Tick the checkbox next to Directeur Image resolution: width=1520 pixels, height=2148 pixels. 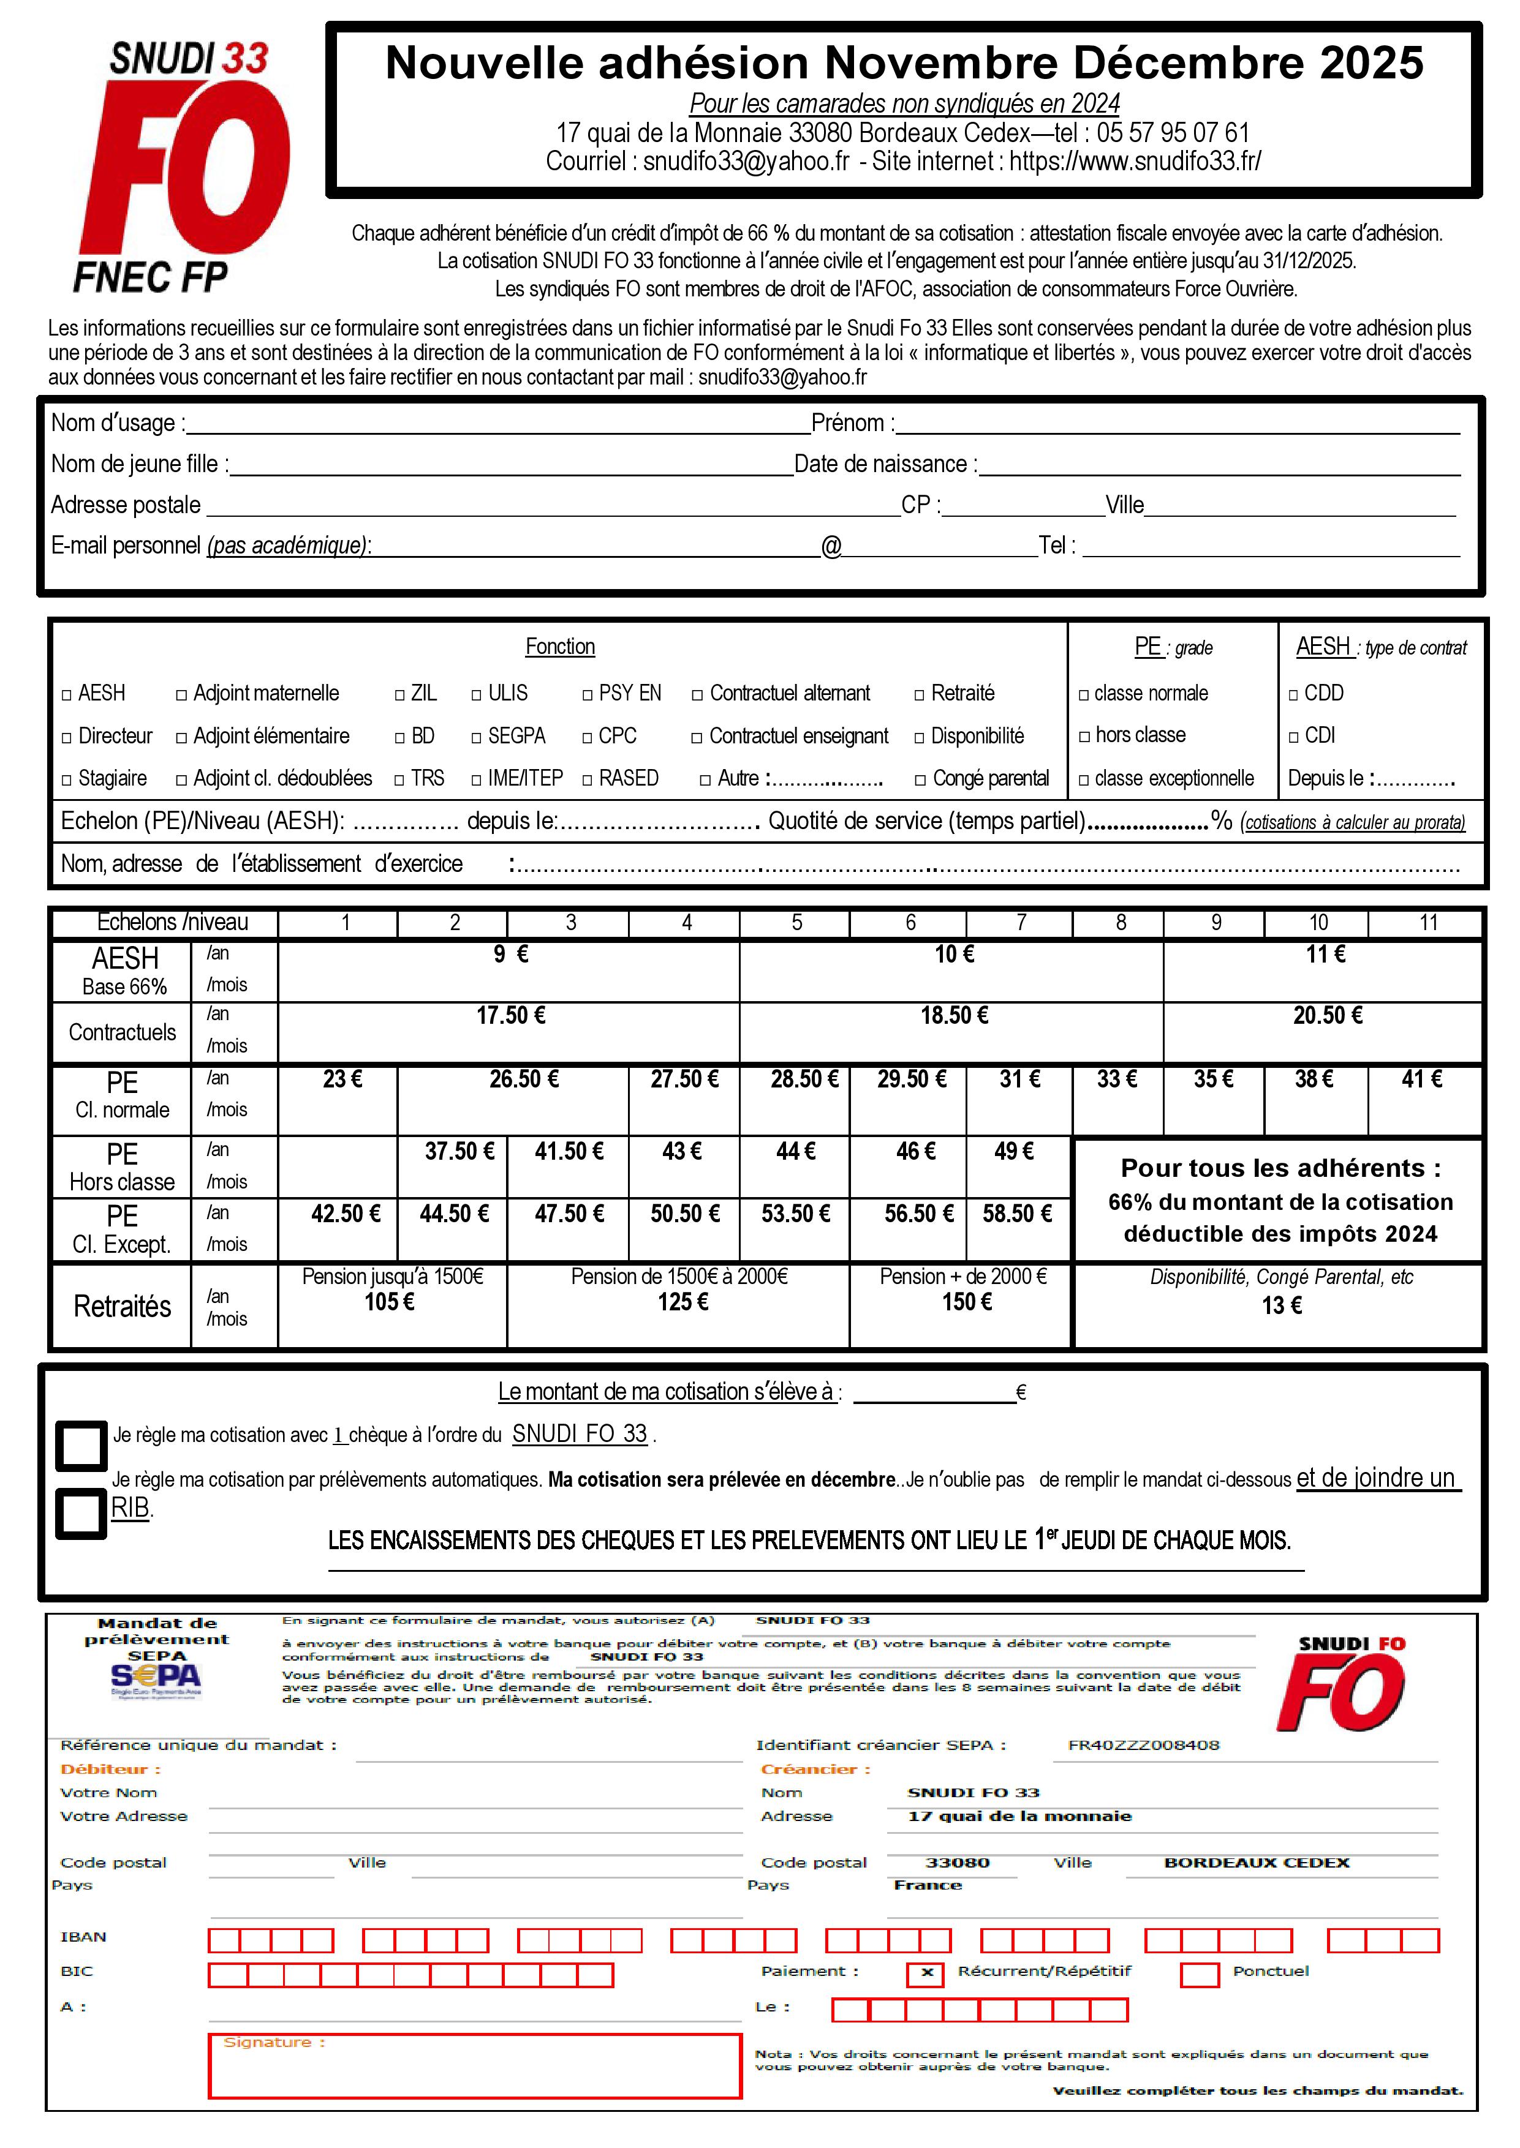coord(66,738)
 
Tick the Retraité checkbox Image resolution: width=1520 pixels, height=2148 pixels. coord(920,695)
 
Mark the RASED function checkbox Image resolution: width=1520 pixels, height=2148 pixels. coord(588,779)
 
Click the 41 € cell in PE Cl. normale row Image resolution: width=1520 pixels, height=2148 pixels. coord(1422,1080)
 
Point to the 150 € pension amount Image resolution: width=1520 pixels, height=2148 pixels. coord(967,1302)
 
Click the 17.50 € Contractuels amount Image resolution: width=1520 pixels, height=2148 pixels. coord(510,1016)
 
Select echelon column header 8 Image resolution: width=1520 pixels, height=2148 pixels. coord(1121,923)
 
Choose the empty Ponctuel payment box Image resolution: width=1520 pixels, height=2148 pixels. coord(1199,1973)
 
